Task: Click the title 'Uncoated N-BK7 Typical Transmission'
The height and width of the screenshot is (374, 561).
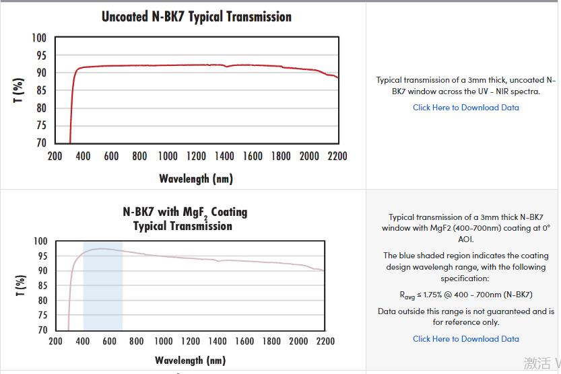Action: coord(197,17)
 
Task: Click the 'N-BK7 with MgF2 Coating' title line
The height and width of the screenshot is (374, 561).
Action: coord(185,212)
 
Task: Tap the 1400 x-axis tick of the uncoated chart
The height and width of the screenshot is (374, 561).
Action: coord(224,156)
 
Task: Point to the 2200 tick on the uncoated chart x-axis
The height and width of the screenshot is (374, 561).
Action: coord(337,156)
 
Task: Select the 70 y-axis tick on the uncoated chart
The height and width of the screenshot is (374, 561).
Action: coord(40,143)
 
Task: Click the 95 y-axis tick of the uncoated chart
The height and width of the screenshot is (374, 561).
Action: coord(40,55)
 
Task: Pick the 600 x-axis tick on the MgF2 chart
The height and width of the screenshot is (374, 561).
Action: coord(109,341)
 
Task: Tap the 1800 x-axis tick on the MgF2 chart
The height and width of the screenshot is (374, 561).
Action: coord(271,341)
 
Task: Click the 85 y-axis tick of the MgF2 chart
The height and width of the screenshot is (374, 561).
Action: coord(41,285)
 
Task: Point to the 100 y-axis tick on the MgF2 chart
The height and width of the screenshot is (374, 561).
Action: coord(40,241)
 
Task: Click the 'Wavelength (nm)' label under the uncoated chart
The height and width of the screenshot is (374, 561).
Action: coord(196,178)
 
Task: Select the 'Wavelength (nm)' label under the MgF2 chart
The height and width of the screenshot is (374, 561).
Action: coord(190,361)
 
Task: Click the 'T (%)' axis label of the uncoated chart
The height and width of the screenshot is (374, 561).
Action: coord(19,90)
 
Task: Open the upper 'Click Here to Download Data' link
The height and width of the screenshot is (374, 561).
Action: coord(465,108)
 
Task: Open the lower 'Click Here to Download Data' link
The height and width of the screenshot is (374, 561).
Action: coord(465,339)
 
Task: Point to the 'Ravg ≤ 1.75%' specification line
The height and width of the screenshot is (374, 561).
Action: coord(465,295)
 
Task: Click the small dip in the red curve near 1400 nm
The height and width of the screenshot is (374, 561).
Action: coord(226,67)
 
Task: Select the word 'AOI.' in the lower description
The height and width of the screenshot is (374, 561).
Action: coord(465,239)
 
